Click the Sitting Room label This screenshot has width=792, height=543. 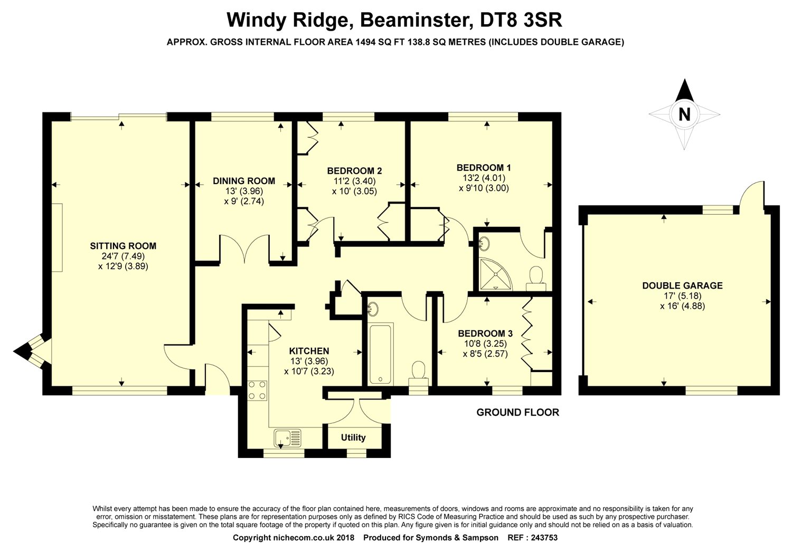(x=123, y=245)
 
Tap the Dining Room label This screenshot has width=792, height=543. (x=244, y=181)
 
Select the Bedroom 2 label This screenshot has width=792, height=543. (x=354, y=170)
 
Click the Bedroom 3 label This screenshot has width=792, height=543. (x=485, y=333)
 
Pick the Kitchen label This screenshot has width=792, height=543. (x=309, y=351)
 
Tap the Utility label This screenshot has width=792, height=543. (x=353, y=437)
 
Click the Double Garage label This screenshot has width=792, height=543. (x=682, y=285)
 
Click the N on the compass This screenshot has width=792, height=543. (x=684, y=115)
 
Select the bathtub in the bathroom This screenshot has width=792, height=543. (x=380, y=354)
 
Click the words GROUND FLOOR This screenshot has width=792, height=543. (x=517, y=412)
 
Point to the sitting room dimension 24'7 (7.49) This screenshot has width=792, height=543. (x=123, y=256)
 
